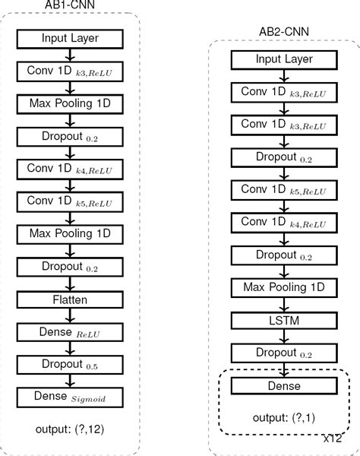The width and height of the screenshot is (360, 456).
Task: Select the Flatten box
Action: [70, 299]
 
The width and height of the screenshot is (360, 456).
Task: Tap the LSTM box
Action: [283, 321]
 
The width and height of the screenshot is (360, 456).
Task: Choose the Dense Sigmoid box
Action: [70, 397]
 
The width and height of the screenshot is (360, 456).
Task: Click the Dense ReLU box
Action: [70, 332]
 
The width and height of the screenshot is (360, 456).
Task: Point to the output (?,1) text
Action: [283, 418]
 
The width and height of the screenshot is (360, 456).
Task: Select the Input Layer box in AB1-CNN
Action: [70, 38]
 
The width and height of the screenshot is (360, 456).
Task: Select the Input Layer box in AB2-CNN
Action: [283, 59]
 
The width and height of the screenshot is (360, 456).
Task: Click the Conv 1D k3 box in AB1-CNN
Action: [70, 71]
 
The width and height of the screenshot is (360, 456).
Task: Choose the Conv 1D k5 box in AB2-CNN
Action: [283, 189]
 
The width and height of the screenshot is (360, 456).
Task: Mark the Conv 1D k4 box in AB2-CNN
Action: [283, 222]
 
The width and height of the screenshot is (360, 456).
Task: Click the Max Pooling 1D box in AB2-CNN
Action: [283, 288]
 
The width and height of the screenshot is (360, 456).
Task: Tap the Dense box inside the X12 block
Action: [283, 386]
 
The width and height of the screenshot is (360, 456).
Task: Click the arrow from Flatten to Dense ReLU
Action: [70, 315]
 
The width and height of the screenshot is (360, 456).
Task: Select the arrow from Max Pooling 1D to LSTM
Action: [283, 304]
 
